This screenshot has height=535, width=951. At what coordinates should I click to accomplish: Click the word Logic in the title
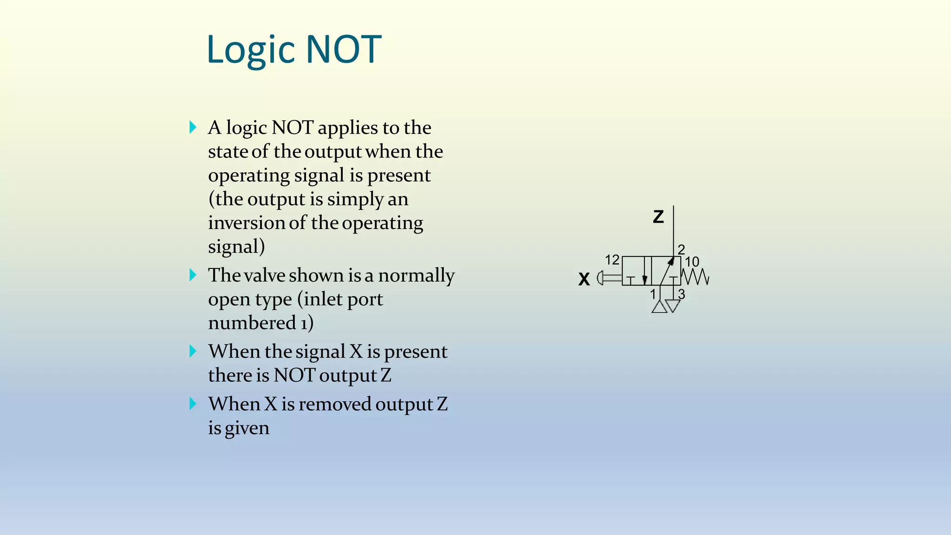(x=251, y=50)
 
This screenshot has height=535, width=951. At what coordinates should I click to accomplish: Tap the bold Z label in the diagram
(x=658, y=217)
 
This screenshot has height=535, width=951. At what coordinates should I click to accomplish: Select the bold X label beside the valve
(x=584, y=279)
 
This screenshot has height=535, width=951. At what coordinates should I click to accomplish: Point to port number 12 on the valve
(x=612, y=260)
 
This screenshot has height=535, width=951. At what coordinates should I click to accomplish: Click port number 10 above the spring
(x=692, y=262)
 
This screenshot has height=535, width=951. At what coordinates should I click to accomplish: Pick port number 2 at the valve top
(x=681, y=249)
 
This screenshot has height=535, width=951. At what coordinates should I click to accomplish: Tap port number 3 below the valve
(x=681, y=294)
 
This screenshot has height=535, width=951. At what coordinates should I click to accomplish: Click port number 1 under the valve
(x=653, y=294)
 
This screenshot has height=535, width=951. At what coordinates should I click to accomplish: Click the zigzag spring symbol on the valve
(x=695, y=277)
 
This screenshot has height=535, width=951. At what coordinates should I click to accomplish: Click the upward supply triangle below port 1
(x=659, y=307)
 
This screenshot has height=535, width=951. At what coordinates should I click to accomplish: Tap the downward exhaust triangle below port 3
(x=673, y=306)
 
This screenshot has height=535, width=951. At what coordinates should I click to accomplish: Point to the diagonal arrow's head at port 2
(x=671, y=261)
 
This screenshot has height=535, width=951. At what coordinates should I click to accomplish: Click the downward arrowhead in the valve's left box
(x=645, y=280)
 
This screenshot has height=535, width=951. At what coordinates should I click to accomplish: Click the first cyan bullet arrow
(x=193, y=127)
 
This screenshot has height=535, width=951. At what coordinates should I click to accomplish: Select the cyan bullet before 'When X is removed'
(x=193, y=404)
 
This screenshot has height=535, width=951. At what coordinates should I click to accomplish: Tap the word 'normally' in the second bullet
(x=416, y=275)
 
